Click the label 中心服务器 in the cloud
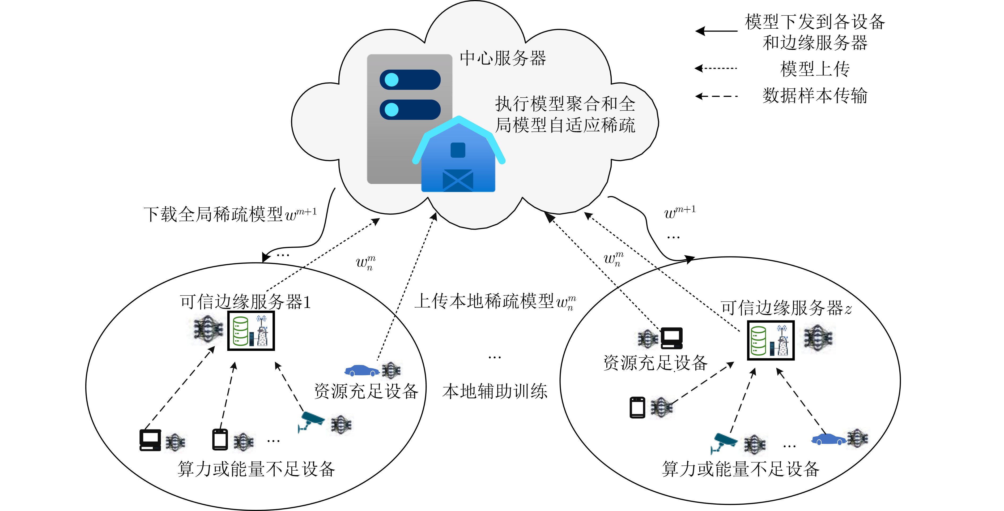click(x=503, y=58)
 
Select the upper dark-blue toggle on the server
click(x=410, y=80)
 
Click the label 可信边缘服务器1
click(x=245, y=302)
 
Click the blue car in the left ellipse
click(x=362, y=370)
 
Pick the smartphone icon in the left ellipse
click(x=220, y=439)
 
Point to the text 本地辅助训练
click(x=495, y=391)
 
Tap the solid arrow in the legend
click(x=716, y=31)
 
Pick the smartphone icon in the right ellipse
click(x=638, y=407)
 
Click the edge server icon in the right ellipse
click(x=771, y=340)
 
